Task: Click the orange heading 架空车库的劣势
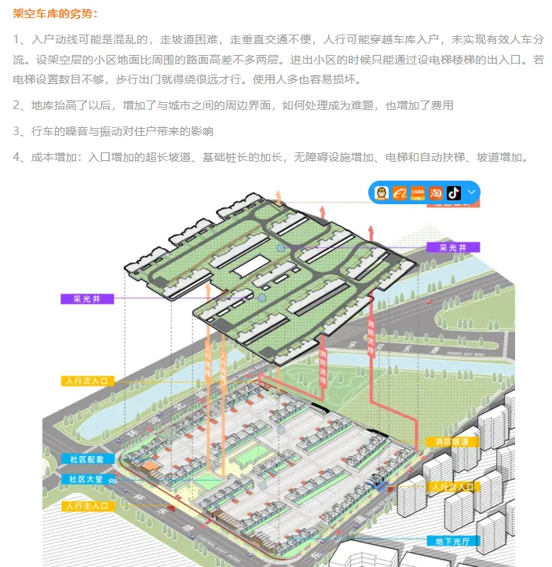tap(56, 14)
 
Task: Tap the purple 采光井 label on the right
tap(453, 247)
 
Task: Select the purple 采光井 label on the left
tap(87, 299)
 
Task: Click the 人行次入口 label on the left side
tap(88, 381)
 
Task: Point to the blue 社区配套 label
tap(88, 459)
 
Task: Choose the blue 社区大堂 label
tap(88, 479)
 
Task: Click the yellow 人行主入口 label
tap(88, 506)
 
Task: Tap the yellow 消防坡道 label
tap(453, 442)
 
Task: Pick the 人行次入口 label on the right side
tap(453, 487)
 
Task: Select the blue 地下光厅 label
tap(453, 541)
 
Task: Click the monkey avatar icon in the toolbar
tap(380, 192)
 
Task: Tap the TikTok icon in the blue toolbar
tap(453, 192)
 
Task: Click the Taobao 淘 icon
tap(435, 192)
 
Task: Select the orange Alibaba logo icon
tap(398, 192)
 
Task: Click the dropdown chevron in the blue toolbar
tap(471, 192)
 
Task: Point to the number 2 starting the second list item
tap(16, 105)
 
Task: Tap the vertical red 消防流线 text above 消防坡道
tap(371, 334)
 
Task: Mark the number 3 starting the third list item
tap(16, 131)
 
